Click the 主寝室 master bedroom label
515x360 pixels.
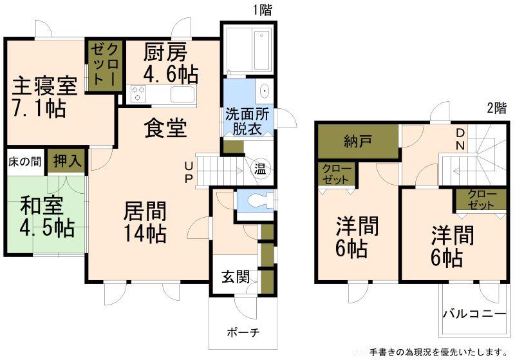[x=44, y=86]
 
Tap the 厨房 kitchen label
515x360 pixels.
[x=165, y=53]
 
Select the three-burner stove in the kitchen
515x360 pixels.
[x=138, y=93]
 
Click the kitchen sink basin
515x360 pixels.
[x=183, y=95]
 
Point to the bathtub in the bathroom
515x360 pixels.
[x=261, y=51]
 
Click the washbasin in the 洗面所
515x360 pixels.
[x=264, y=91]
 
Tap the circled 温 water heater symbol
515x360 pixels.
[x=260, y=170]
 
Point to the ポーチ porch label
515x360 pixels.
[x=243, y=332]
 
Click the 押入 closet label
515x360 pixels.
[x=67, y=161]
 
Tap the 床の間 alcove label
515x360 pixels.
[x=25, y=162]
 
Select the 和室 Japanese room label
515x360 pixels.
[x=41, y=205]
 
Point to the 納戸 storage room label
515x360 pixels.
[x=358, y=141]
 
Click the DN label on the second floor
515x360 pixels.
[x=460, y=139]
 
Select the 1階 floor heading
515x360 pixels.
[x=262, y=10]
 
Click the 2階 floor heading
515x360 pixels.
[x=496, y=108]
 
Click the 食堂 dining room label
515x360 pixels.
[x=166, y=128]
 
